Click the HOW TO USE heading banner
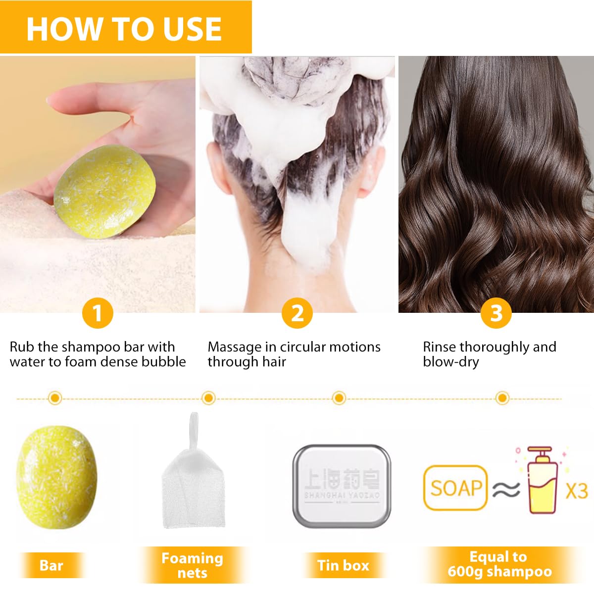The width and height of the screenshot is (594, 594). click(x=125, y=28)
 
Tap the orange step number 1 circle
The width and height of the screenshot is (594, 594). click(x=98, y=313)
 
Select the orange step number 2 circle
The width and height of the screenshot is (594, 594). click(x=297, y=313)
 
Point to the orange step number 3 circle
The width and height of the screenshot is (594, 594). click(x=496, y=313)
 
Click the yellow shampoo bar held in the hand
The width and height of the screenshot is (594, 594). click(x=105, y=191)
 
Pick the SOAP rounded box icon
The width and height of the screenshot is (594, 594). click(x=455, y=488)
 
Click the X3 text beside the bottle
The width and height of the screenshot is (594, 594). click(x=576, y=491)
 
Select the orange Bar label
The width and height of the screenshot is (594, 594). click(x=51, y=565)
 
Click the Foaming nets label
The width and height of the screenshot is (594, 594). click(x=192, y=565)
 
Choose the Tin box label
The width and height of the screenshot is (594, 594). click(x=343, y=565)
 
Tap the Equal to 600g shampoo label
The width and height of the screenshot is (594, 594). click(x=499, y=564)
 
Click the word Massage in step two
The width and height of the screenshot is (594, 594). click(x=235, y=347)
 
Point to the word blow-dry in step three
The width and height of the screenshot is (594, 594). click(x=450, y=362)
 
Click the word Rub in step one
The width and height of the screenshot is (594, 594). click(x=22, y=347)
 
